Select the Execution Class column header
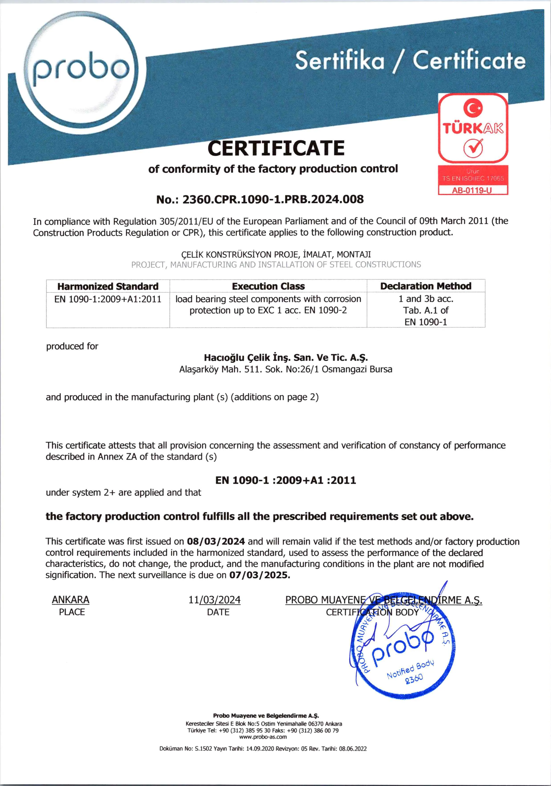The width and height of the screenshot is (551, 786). (x=268, y=286)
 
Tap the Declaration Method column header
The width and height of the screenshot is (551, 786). (x=426, y=286)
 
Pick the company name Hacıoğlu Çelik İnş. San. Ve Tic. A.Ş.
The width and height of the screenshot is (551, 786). (x=286, y=358)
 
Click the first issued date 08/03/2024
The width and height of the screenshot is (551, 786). (x=216, y=541)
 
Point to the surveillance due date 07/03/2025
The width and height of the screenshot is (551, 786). (x=259, y=575)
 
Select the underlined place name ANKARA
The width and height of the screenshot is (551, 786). (x=71, y=600)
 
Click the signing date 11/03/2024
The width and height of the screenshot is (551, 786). (x=215, y=600)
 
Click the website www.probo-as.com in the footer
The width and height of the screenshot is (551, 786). (x=263, y=737)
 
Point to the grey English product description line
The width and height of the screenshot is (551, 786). (x=276, y=265)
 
